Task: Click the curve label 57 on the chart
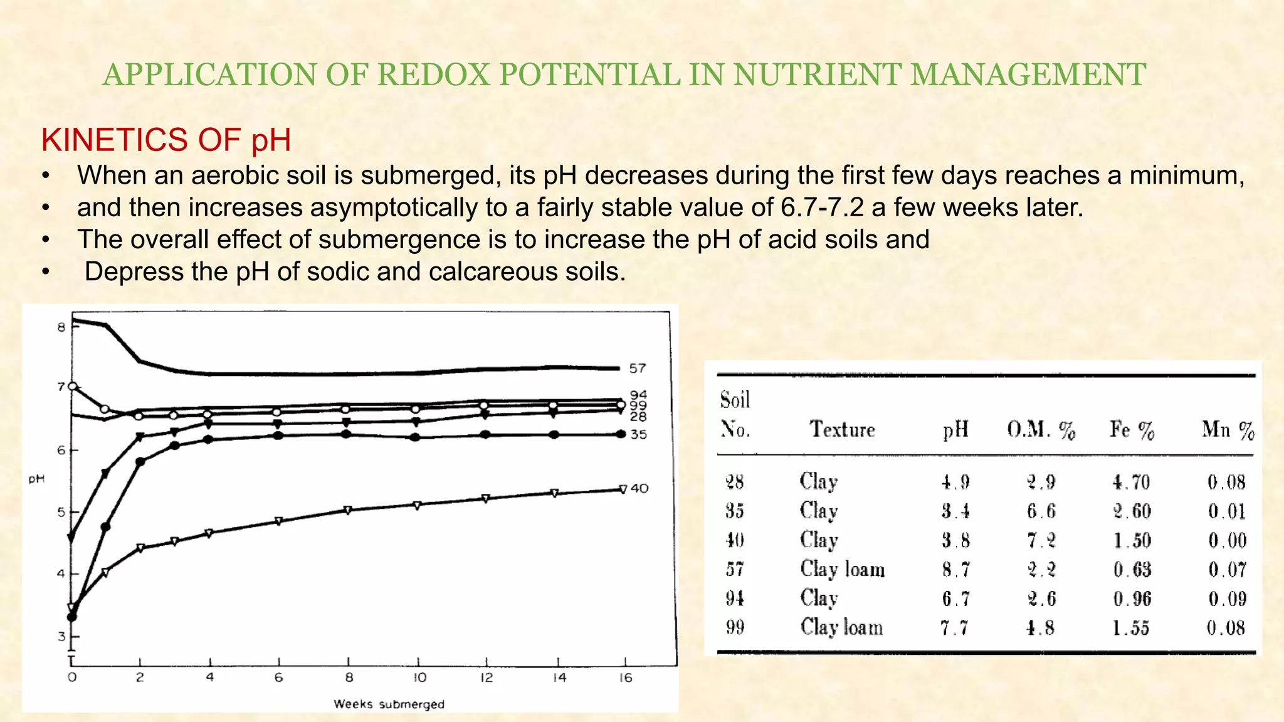click(x=637, y=369)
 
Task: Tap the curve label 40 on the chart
click(x=639, y=488)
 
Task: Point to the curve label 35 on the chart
click(x=638, y=434)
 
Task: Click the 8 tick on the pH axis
click(x=61, y=327)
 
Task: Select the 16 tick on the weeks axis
click(x=625, y=678)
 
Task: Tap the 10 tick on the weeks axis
click(x=419, y=678)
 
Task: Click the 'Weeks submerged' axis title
click(x=389, y=704)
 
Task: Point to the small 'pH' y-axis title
click(x=36, y=479)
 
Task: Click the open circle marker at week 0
click(x=73, y=386)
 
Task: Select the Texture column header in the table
click(x=841, y=429)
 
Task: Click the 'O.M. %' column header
click(x=1041, y=430)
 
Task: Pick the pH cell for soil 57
click(x=955, y=570)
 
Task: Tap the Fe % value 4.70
click(x=1131, y=482)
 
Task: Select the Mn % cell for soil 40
click(x=1227, y=540)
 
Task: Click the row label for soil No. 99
click(x=735, y=627)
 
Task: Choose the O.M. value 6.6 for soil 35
click(x=1041, y=511)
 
